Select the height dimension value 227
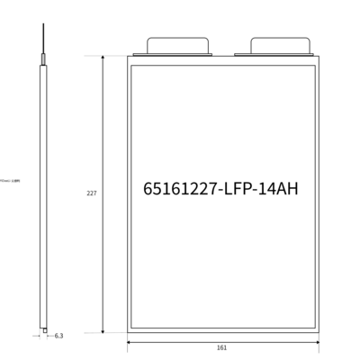tap(91, 193)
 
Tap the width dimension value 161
tap(222, 347)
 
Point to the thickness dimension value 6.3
tap(58, 336)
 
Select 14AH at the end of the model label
tap(281, 189)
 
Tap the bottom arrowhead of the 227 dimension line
tap(103, 330)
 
